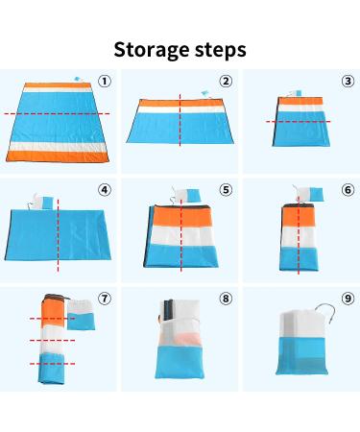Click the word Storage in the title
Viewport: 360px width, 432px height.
[x=152, y=51]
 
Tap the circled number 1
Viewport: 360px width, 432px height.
[x=105, y=82]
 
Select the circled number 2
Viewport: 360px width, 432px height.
[x=226, y=82]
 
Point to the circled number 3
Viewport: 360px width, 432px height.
[x=348, y=82]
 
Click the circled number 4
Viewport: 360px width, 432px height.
[x=105, y=190]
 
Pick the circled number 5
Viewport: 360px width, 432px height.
[x=226, y=190]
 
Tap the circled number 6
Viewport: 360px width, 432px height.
[x=348, y=190]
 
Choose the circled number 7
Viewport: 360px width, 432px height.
[x=105, y=299]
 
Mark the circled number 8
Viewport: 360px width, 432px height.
[x=226, y=299]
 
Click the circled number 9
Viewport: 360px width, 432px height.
[x=348, y=299]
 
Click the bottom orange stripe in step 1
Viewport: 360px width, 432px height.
[x=58, y=156]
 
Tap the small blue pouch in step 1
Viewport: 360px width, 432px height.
[x=78, y=79]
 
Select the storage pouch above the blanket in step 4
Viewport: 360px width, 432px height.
[x=43, y=203]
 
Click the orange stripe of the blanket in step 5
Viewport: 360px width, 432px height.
[x=181, y=217]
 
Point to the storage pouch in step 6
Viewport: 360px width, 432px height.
[x=310, y=195]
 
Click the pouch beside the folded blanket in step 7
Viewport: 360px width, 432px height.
[x=81, y=315]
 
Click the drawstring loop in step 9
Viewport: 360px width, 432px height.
[x=325, y=312]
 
